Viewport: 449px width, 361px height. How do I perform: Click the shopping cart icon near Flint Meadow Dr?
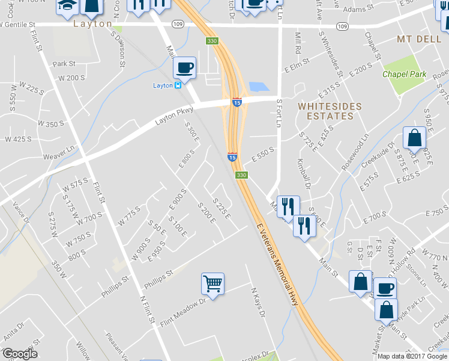point(212,283)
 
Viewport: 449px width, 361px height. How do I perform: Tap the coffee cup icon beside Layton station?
point(184,67)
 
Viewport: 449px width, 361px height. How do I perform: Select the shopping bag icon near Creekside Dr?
point(414,138)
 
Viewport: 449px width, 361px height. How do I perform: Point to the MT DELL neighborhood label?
point(420,39)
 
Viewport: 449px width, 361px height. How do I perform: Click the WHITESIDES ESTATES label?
point(330,111)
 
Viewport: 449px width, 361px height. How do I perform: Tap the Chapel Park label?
point(405,75)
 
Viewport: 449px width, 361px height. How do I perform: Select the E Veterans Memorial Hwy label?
point(277,265)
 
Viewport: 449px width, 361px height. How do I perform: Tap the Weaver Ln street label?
point(58,156)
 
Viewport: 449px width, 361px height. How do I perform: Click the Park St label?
point(64,63)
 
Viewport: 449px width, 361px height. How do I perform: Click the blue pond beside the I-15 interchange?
point(258,87)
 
